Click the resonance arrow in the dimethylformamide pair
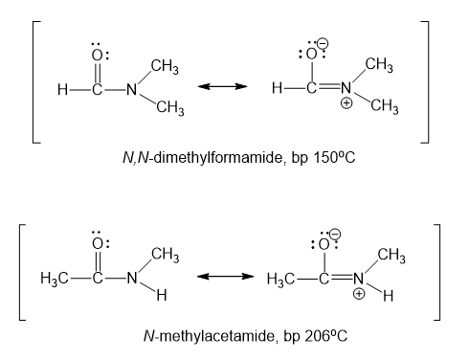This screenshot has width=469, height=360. [x=222, y=86]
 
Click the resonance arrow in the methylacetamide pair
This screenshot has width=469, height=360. [x=225, y=276]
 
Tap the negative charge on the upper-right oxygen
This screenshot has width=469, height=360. [x=323, y=44]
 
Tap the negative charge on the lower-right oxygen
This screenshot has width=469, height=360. [x=335, y=234]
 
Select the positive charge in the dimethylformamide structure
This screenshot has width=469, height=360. [x=346, y=103]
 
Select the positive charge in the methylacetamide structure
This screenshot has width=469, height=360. [x=359, y=293]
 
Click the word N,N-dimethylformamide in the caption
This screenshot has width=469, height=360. [x=203, y=157]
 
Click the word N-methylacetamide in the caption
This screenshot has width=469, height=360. [x=209, y=336]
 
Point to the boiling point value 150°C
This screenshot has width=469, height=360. [x=334, y=157]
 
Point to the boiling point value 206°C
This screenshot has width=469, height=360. [x=325, y=336]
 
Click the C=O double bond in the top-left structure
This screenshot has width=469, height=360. [x=98, y=74]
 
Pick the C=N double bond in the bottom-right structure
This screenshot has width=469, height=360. [x=342, y=277]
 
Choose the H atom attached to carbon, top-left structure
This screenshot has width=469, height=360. [x=62, y=89]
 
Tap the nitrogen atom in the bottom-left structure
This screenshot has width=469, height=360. [x=132, y=278]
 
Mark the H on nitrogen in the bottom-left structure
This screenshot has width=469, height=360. [x=162, y=296]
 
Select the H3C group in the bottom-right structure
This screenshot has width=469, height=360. [x=280, y=280]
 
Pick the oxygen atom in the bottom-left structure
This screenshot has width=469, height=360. [x=98, y=244]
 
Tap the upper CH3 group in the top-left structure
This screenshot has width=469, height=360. [x=165, y=67]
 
